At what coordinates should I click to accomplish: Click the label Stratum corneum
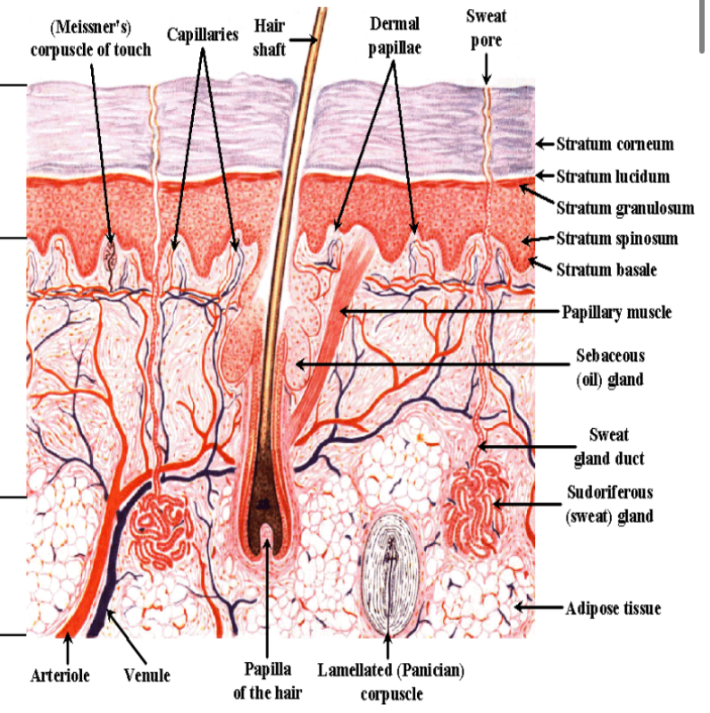point(615,144)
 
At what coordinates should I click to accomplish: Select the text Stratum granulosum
point(625,208)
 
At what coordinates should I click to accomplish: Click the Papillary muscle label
point(616,313)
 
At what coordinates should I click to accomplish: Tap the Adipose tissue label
point(614,608)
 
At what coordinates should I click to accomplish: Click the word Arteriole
point(60,675)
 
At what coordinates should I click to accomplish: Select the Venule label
point(147,675)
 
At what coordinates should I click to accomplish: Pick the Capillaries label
point(203,35)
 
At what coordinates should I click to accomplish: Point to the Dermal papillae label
point(394,35)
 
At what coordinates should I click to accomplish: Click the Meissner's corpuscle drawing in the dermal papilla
point(112,256)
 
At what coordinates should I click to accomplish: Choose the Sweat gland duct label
point(608,447)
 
